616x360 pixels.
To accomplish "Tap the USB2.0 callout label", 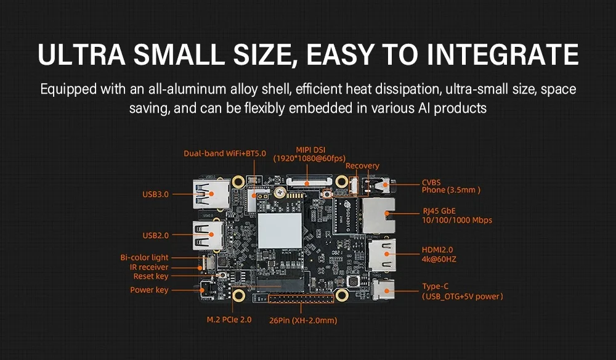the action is coord(155,235).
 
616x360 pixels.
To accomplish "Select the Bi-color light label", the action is coord(144,258).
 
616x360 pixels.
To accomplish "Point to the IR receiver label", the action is coord(149,267).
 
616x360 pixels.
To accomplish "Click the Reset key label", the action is coord(151,277).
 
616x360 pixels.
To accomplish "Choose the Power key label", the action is coord(149,290).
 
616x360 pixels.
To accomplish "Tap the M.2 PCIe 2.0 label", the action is coord(229,321).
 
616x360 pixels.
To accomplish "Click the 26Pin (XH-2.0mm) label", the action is coord(304,321).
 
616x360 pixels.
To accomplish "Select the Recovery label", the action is coord(362,166).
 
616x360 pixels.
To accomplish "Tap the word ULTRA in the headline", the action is coord(79,54).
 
